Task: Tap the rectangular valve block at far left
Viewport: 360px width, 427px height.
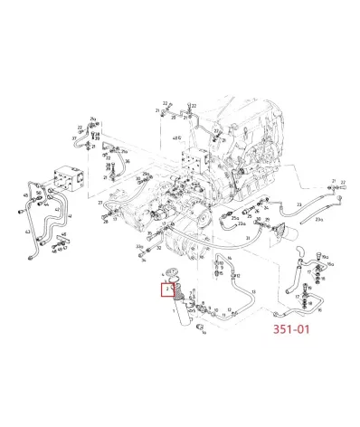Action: [x=69, y=178]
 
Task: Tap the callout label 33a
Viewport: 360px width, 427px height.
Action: [x=139, y=245]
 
